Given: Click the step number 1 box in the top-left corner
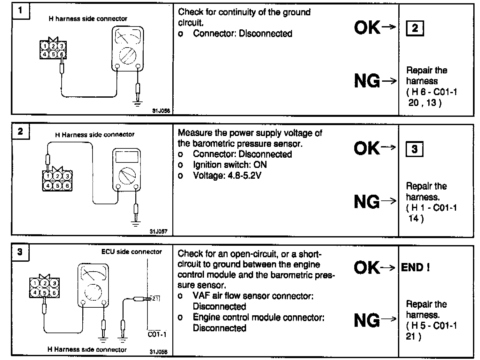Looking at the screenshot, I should click(20, 11).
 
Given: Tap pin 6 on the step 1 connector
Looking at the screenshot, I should click(62, 54).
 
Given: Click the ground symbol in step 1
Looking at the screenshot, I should click(138, 103).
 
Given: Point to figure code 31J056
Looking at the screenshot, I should click(161, 111).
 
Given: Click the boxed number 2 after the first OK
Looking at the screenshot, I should click(415, 28).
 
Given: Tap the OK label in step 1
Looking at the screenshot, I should click(367, 28).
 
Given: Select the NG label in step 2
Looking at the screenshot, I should click(367, 202).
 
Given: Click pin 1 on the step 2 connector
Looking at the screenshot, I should click(48, 176).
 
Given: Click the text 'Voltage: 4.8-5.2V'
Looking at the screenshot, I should click(227, 175).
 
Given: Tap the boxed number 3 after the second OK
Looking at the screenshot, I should click(414, 149).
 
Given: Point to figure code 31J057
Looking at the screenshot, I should click(159, 232).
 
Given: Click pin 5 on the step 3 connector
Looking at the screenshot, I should click(45, 292).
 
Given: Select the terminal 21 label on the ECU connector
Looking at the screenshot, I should click(155, 299).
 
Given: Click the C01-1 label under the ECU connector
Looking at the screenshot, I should click(157, 335).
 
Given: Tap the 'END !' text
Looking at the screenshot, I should click(415, 267).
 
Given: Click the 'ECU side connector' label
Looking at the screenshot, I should click(131, 252).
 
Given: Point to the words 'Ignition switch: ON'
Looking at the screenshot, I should click(230, 165).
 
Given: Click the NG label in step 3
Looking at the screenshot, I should click(367, 320).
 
